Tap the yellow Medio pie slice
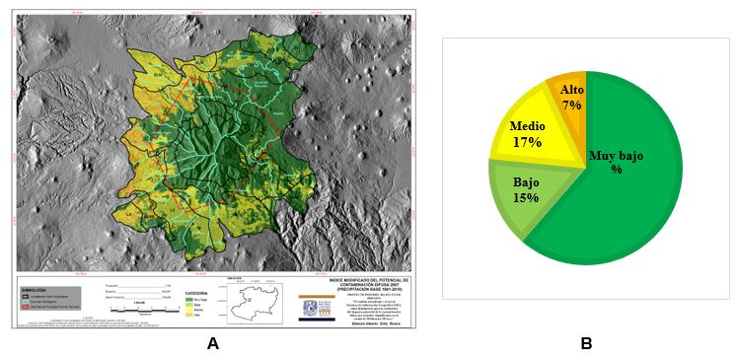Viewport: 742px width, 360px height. click(533, 133)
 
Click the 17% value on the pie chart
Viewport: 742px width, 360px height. click(527, 142)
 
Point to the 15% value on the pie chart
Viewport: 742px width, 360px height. click(525, 197)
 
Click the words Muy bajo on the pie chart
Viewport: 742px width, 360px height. click(616, 155)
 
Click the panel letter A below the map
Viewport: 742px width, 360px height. click(212, 344)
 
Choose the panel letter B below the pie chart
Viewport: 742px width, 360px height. click(586, 344)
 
